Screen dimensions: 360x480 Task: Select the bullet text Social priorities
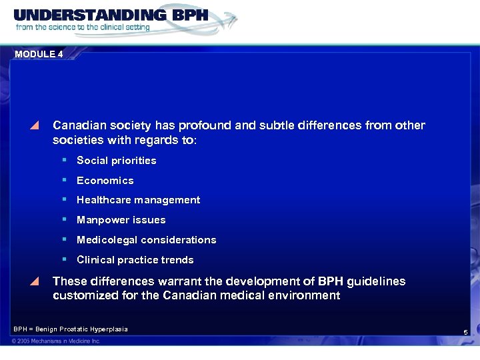click(116, 161)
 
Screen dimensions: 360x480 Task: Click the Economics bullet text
click(105, 181)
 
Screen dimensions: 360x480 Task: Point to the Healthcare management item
click(138, 200)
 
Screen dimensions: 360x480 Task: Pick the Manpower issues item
click(121, 220)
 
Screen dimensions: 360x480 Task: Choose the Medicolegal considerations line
click(146, 240)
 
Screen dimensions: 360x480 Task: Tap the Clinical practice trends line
click(135, 260)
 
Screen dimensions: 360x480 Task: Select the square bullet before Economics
click(64, 180)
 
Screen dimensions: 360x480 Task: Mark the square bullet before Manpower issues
click(64, 219)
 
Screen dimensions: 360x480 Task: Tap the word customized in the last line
click(86, 295)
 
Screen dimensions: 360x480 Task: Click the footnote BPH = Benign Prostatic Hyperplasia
click(71, 329)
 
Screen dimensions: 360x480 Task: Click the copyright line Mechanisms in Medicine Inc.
click(56, 341)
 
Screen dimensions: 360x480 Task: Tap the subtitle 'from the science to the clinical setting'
click(83, 27)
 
